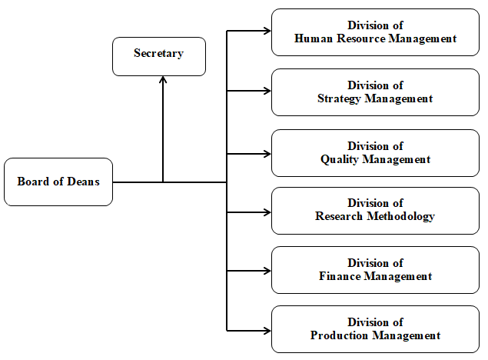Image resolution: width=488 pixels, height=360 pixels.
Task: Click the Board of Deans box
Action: click(58, 182)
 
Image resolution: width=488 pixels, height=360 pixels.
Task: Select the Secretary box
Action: click(159, 56)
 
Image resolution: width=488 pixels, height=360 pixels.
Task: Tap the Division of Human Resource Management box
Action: click(375, 32)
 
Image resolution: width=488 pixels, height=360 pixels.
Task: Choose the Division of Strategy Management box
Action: click(375, 92)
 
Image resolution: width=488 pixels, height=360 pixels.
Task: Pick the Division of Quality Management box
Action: click(375, 153)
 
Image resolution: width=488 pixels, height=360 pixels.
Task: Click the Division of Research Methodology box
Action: click(375, 211)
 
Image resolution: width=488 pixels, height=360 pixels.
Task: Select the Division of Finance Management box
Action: click(375, 270)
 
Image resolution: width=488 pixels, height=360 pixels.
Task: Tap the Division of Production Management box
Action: click(375, 329)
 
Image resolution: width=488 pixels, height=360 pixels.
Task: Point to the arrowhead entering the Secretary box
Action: click(163, 79)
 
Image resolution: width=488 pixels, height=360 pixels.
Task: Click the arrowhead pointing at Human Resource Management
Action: click(267, 31)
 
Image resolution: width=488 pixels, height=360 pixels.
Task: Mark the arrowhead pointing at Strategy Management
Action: click(267, 91)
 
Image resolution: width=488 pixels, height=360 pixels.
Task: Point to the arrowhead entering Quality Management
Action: click(267, 154)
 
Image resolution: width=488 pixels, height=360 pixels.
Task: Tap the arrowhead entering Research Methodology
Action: click(267, 212)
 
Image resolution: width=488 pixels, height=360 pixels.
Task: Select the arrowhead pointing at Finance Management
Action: click(267, 271)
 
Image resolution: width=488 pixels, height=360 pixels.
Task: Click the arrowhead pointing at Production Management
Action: click(267, 331)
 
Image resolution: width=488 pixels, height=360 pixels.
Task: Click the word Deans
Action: click(83, 182)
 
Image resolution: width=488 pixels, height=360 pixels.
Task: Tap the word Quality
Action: click(340, 159)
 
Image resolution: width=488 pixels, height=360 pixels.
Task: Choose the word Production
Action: click(339, 335)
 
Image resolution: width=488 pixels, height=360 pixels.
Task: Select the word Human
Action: click(314, 38)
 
